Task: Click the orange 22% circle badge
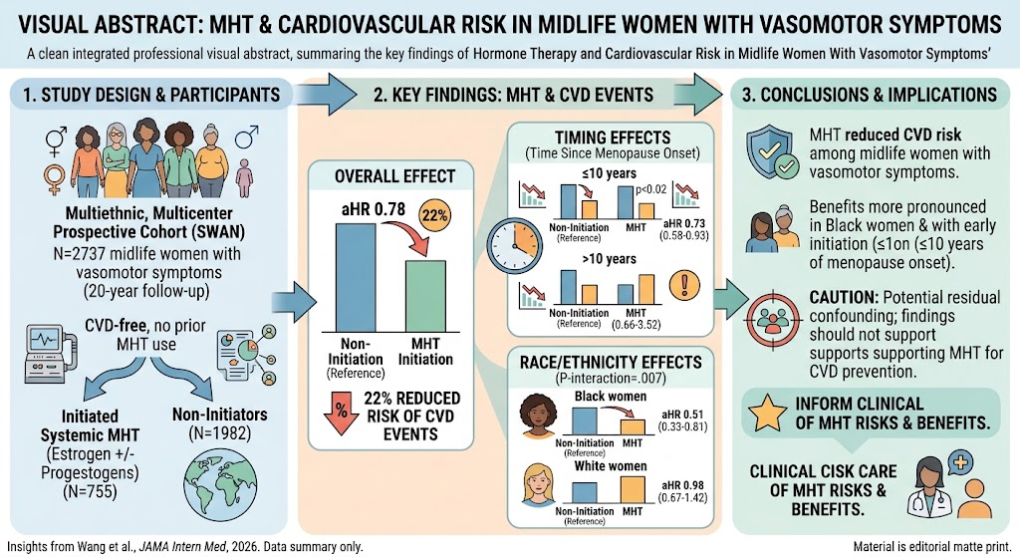[435, 215]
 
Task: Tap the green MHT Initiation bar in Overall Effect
[425, 296]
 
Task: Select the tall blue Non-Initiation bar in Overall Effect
[356, 278]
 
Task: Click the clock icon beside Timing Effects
[515, 246]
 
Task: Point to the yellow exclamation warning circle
[685, 286]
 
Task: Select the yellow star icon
[768, 414]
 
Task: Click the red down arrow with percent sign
[341, 412]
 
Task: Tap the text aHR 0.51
[682, 415]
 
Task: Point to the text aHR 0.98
[682, 485]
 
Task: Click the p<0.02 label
[650, 190]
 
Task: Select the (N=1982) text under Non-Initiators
[220, 432]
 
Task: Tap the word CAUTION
[844, 297]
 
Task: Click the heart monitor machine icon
[48, 354]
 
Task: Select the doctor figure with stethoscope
[929, 487]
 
